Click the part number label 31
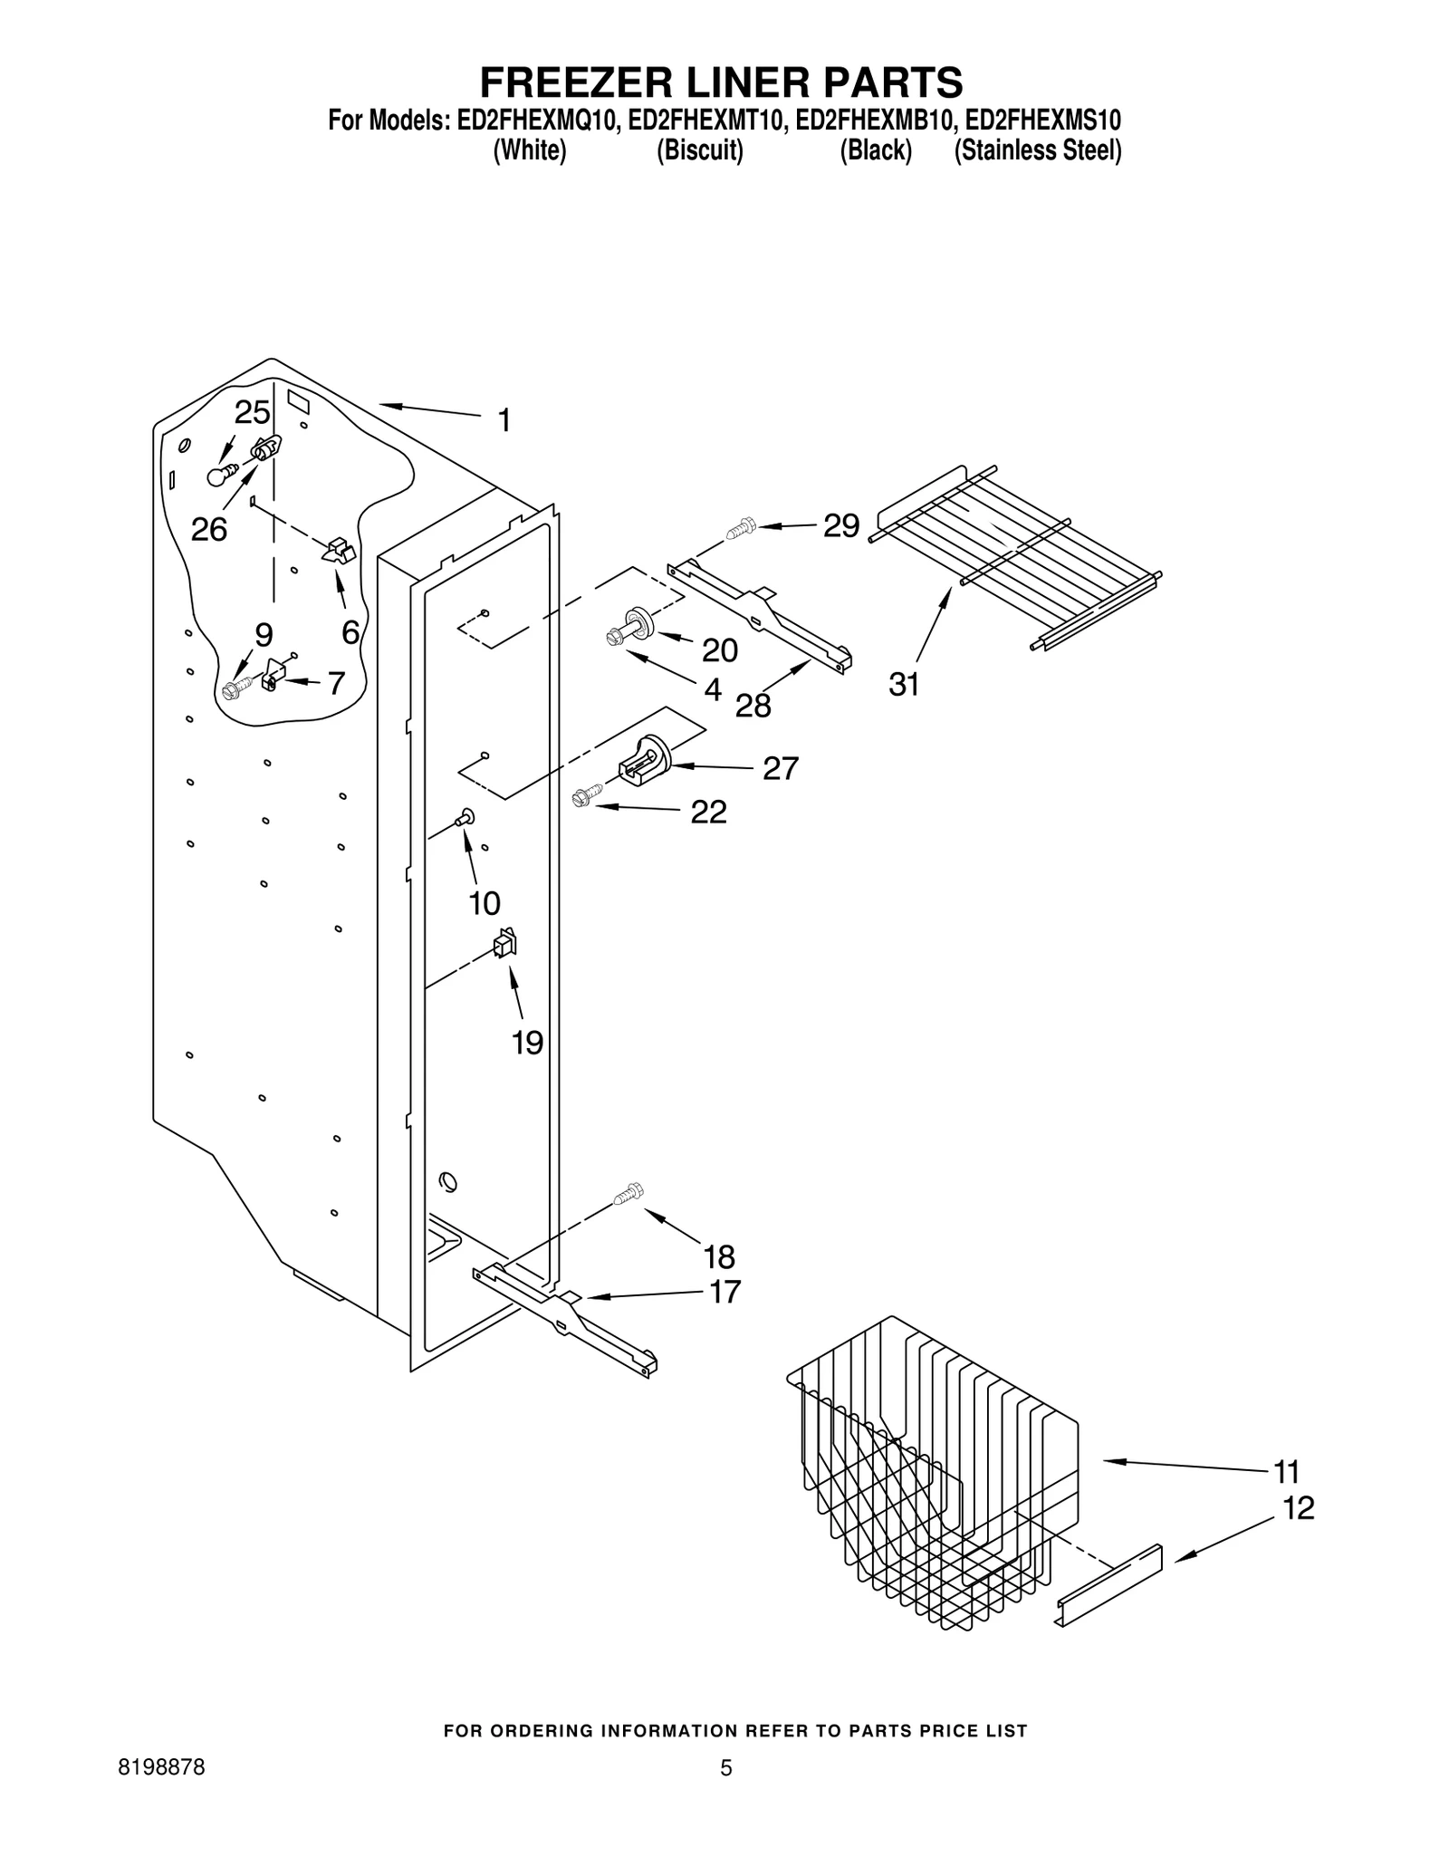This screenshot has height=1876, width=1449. click(903, 685)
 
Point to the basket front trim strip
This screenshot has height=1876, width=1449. click(1109, 1585)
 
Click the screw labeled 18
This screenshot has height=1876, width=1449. click(628, 1195)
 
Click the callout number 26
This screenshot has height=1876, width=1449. click(208, 529)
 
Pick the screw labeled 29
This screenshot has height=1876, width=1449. click(740, 526)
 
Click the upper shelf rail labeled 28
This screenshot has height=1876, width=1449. click(761, 616)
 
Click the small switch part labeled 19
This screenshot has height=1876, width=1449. click(504, 945)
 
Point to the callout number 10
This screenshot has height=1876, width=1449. click(485, 903)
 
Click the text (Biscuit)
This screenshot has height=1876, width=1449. click(699, 150)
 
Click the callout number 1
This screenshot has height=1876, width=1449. click(504, 420)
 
